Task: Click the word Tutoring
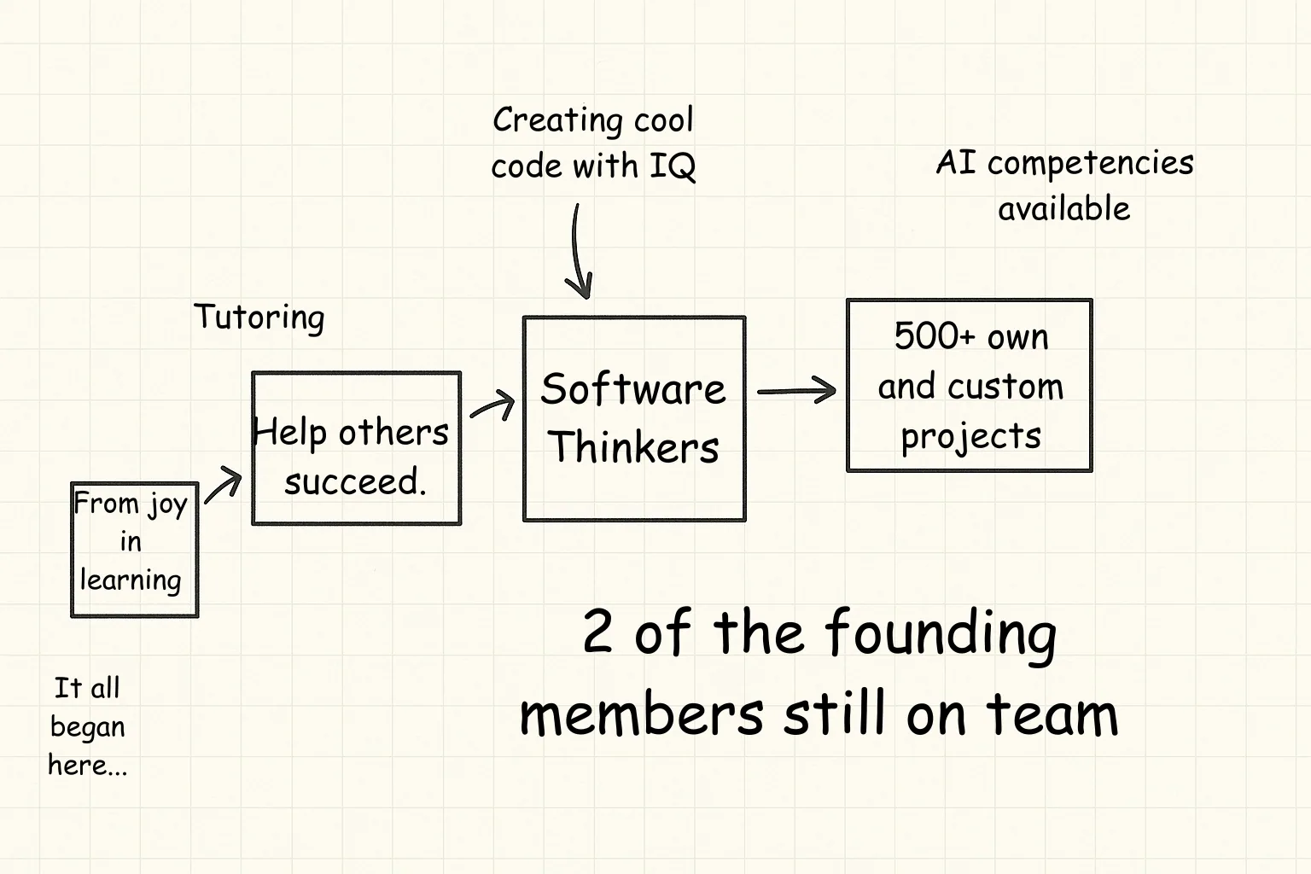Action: click(259, 318)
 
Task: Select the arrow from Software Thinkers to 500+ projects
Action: click(796, 390)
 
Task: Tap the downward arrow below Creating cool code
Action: click(578, 252)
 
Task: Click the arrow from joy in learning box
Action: click(223, 485)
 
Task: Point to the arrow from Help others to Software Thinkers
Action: click(492, 405)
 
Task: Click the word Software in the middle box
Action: click(633, 389)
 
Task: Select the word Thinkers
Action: click(633, 447)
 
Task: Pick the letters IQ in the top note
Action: click(673, 166)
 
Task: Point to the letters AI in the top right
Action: click(956, 162)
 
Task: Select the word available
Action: click(1064, 208)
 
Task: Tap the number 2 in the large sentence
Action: click(597, 631)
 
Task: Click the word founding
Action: click(941, 633)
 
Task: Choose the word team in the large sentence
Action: click(1052, 714)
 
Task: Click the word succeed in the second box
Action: click(355, 482)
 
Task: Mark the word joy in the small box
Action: click(167, 505)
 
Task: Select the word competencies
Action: click(1091, 164)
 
